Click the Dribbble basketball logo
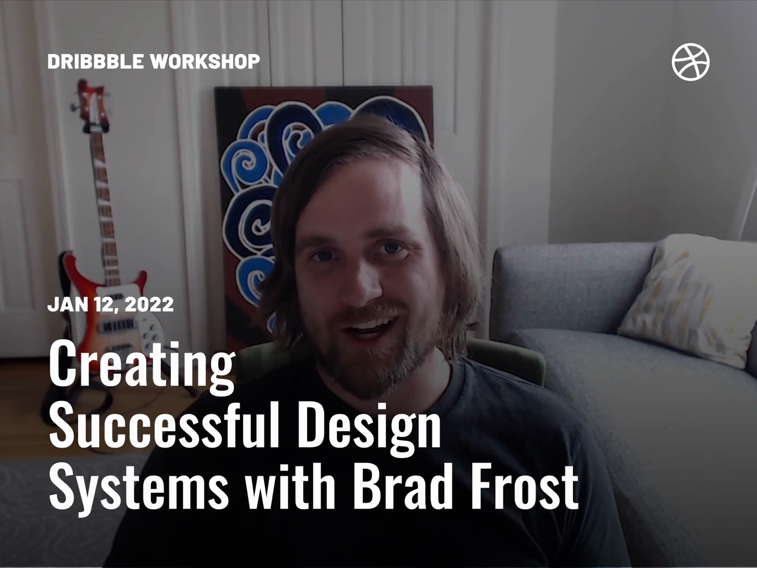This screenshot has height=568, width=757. coord(690,62)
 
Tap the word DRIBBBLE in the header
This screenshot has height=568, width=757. coord(95,62)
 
